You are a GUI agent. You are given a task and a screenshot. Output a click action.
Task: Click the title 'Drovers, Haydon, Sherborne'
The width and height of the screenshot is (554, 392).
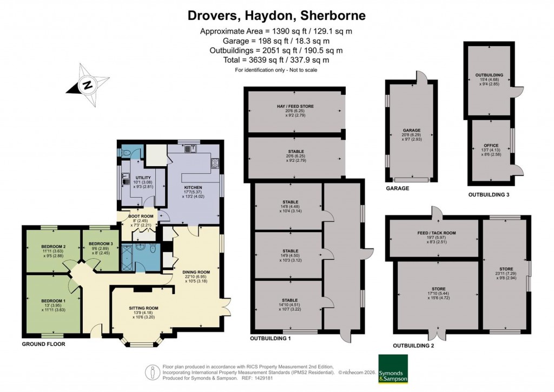(x=276, y=15)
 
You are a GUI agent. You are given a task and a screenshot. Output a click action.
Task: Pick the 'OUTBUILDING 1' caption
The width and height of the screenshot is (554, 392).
(x=271, y=338)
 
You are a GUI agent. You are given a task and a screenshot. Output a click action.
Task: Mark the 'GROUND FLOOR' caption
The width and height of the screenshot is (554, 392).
(x=44, y=344)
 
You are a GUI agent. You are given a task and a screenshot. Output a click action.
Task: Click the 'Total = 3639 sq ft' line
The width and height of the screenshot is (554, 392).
(x=276, y=60)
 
